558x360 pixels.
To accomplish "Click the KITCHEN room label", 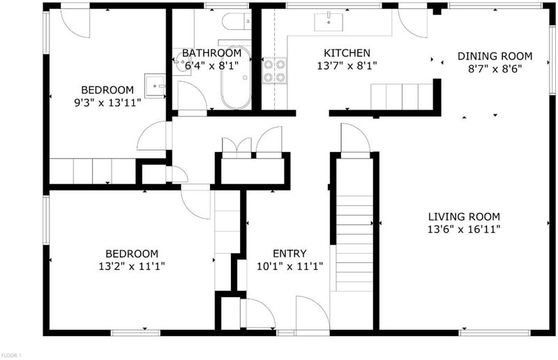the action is click(347, 53).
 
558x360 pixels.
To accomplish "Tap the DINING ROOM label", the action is click(495, 57).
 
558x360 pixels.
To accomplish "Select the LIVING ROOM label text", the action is click(464, 216).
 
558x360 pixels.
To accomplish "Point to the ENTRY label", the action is click(289, 253).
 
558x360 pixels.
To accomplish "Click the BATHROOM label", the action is click(212, 53).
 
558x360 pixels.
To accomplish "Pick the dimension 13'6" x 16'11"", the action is click(464, 229).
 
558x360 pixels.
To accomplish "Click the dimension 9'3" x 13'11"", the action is click(107, 103).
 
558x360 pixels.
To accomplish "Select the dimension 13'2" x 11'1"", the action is click(132, 266).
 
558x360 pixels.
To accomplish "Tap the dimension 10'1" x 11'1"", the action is click(289, 266).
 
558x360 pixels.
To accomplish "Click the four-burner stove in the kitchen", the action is click(274, 70).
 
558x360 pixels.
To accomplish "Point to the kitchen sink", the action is click(329, 22).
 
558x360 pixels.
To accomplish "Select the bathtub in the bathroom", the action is click(236, 77).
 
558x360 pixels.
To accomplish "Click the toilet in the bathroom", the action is click(236, 22).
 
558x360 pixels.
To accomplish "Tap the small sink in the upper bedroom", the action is click(155, 85).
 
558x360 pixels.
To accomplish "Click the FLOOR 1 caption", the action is click(11, 355).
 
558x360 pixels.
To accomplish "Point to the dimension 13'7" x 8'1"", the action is click(347, 66).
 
